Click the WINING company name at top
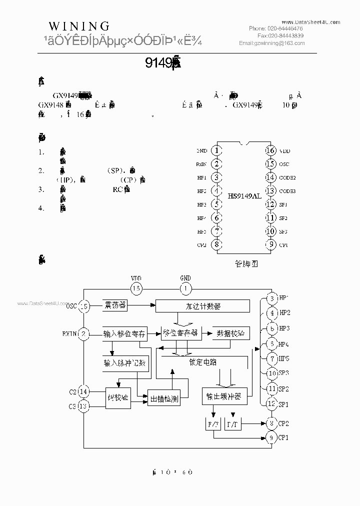click(79, 26)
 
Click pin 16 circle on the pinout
click(270, 150)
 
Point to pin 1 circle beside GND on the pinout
click(216, 150)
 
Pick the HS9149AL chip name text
click(244, 196)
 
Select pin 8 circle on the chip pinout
click(216, 245)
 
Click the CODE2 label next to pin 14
click(288, 177)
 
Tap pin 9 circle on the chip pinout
click(270, 245)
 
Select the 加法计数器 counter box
click(202, 305)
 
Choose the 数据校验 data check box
click(231, 333)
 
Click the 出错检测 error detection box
click(164, 398)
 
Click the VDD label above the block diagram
click(136, 278)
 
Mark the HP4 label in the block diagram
click(284, 343)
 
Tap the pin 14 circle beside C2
click(84, 392)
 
